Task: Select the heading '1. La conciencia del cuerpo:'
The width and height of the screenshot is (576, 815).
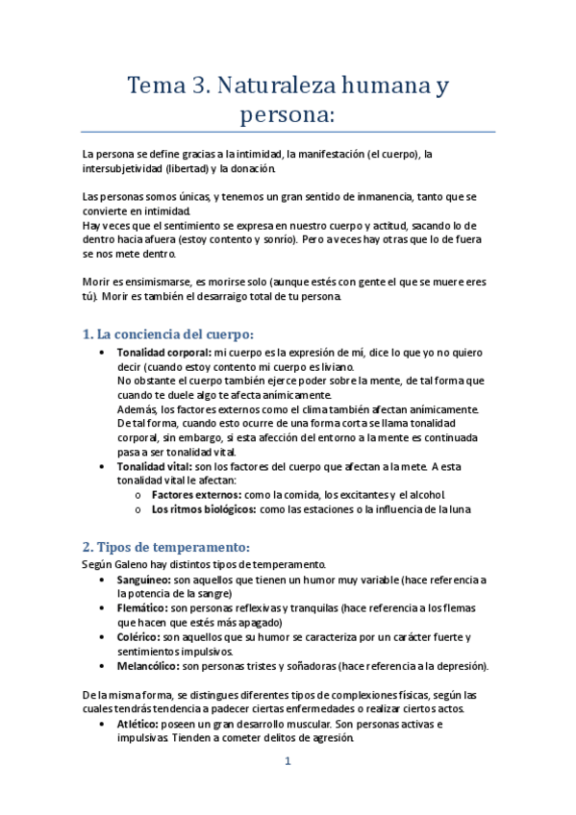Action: click(167, 334)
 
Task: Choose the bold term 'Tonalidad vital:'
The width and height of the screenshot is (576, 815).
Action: click(153, 466)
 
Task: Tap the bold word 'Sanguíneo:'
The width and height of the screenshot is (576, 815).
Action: click(142, 580)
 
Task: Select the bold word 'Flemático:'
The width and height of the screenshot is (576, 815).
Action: click(141, 608)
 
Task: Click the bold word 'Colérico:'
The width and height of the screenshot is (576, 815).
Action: click(138, 636)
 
